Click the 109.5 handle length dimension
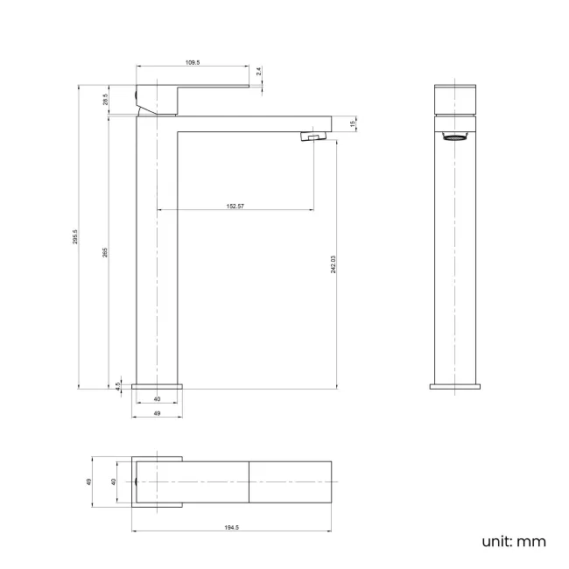pos(193,63)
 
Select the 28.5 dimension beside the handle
pos(105,100)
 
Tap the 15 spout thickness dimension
pos(352,124)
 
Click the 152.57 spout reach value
pos(235,206)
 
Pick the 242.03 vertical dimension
pos(334,263)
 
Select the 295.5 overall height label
pos(76,237)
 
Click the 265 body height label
pos(105,253)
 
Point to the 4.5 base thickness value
pos(117,383)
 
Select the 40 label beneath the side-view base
pos(157,399)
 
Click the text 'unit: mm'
pos(513,541)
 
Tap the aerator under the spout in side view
pos(313,137)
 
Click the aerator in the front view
pos(455,137)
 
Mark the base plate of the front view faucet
pos(455,385)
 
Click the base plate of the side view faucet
pos(158,385)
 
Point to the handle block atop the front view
pos(455,99)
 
